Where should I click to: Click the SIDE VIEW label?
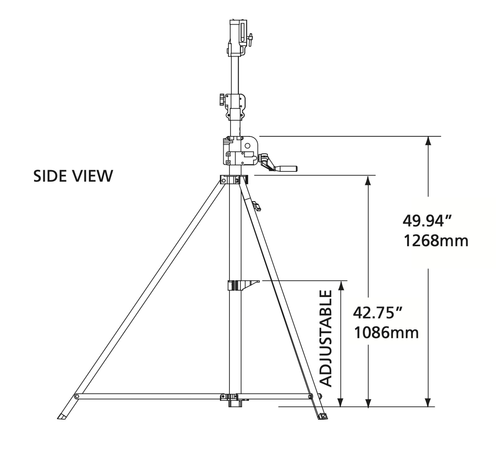[x=73, y=176]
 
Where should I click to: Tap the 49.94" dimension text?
[x=427, y=221]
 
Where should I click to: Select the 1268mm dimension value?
[x=436, y=241]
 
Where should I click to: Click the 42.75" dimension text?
[x=378, y=313]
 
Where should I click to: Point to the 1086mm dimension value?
[x=386, y=333]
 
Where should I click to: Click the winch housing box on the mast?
[x=241, y=151]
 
